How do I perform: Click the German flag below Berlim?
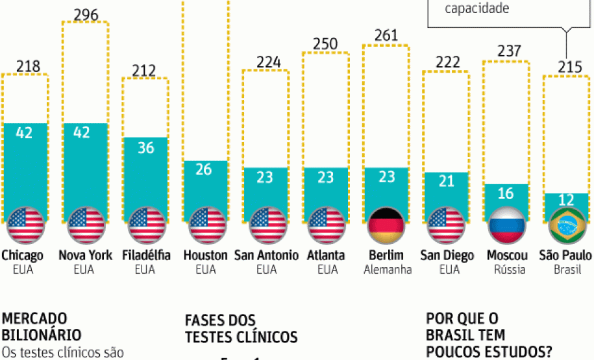386,225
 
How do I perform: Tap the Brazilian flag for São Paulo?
567,225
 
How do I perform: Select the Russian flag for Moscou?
507,225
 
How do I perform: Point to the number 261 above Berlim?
386,35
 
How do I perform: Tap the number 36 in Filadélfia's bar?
145,147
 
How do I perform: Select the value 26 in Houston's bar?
205,169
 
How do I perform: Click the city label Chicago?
23,256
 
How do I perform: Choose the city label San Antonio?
266,256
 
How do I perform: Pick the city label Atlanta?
327,256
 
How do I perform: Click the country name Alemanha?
388,270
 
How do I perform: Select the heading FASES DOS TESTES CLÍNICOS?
241,328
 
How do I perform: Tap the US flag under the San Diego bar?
447,225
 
